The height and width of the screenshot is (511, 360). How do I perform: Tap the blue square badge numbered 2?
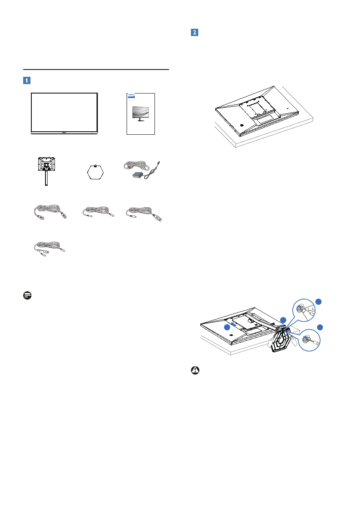click(194, 33)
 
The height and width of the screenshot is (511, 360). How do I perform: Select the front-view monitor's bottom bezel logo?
click(64, 133)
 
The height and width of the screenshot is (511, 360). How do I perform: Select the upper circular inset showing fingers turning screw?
click(303, 308)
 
